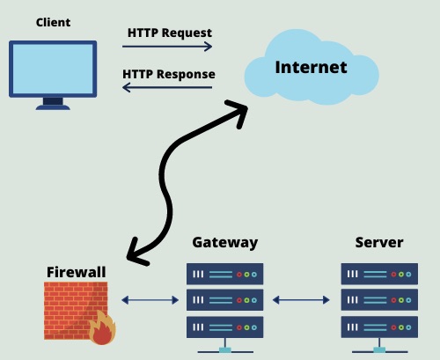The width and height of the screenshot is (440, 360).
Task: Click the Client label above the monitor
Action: (x=53, y=23)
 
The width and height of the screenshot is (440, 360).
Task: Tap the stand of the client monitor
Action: (x=53, y=104)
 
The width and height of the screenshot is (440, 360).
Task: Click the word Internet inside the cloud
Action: (x=312, y=67)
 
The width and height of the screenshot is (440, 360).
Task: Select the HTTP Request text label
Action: (x=170, y=33)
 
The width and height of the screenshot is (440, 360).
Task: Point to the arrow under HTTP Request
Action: (x=167, y=47)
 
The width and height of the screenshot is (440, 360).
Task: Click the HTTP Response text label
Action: (x=169, y=74)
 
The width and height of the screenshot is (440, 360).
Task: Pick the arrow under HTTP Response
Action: (x=167, y=87)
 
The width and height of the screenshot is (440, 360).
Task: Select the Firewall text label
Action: (x=77, y=272)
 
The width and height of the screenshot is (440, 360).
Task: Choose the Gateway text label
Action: (x=225, y=243)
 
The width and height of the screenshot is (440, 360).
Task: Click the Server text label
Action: (x=379, y=243)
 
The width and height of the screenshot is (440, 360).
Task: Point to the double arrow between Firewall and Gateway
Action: (x=150, y=300)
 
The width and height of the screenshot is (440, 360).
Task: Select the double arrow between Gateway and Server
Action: (x=301, y=300)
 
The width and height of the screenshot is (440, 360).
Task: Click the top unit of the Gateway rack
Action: (x=225, y=274)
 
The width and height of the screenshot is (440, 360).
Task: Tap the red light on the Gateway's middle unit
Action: (x=239, y=300)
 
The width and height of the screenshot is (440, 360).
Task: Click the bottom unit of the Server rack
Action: (x=379, y=327)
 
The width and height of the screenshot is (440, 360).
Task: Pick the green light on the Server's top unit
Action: (x=401, y=275)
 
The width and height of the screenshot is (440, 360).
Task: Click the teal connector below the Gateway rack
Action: (x=225, y=349)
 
